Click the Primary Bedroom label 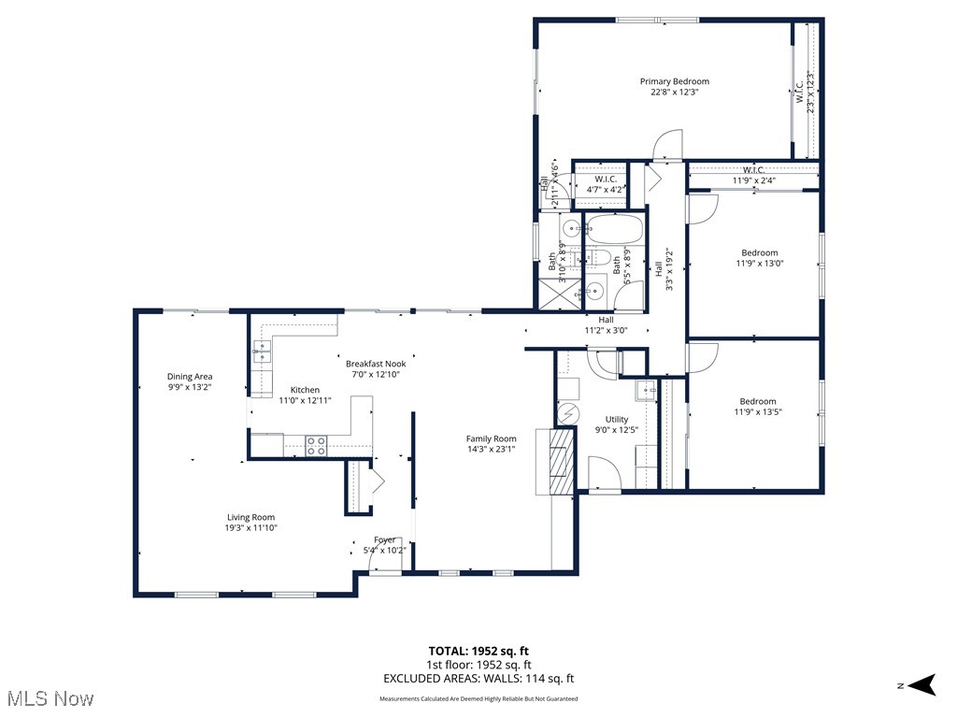(x=674, y=81)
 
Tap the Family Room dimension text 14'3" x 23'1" (x=491, y=449)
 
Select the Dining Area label (x=190, y=377)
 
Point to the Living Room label (x=250, y=517)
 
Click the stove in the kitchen (x=317, y=446)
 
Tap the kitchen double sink (x=262, y=352)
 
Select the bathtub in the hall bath (x=614, y=229)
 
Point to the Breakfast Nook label (x=375, y=364)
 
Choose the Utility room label (x=617, y=420)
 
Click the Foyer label (x=384, y=540)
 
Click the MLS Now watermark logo (x=49, y=697)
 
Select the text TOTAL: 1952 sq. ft (x=478, y=651)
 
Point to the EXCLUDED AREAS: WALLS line (x=478, y=679)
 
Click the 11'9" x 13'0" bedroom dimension (x=759, y=264)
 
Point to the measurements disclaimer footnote (x=478, y=699)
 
